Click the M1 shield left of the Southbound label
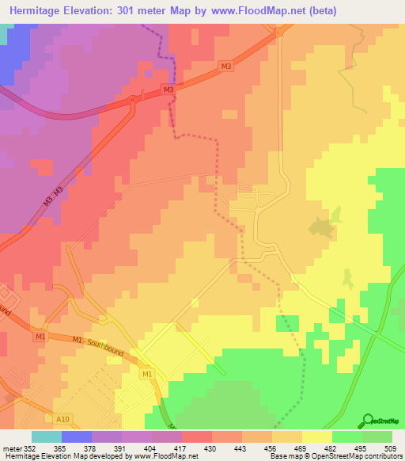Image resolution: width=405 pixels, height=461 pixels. click(x=40, y=337)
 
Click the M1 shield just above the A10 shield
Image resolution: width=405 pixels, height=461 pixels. click(x=146, y=373)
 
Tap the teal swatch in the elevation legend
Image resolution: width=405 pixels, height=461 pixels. click(x=46, y=436)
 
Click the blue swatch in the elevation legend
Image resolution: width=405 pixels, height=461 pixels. click(x=76, y=436)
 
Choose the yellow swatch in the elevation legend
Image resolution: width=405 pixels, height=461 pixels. click(x=316, y=436)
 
